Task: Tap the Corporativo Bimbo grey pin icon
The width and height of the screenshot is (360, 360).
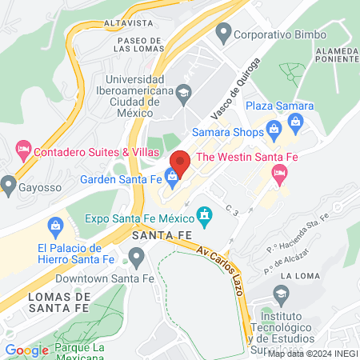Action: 223,34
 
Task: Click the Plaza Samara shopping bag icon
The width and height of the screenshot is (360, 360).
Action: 295,122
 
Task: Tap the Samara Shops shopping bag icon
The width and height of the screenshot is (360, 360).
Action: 274,128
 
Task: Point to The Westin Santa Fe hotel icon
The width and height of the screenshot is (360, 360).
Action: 280,173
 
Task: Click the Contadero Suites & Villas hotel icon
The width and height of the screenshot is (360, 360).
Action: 22,150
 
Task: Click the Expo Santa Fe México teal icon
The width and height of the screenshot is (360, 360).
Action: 205,214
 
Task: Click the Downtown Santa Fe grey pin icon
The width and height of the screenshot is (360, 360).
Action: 135,256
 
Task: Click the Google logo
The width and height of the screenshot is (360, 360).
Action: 26,350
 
